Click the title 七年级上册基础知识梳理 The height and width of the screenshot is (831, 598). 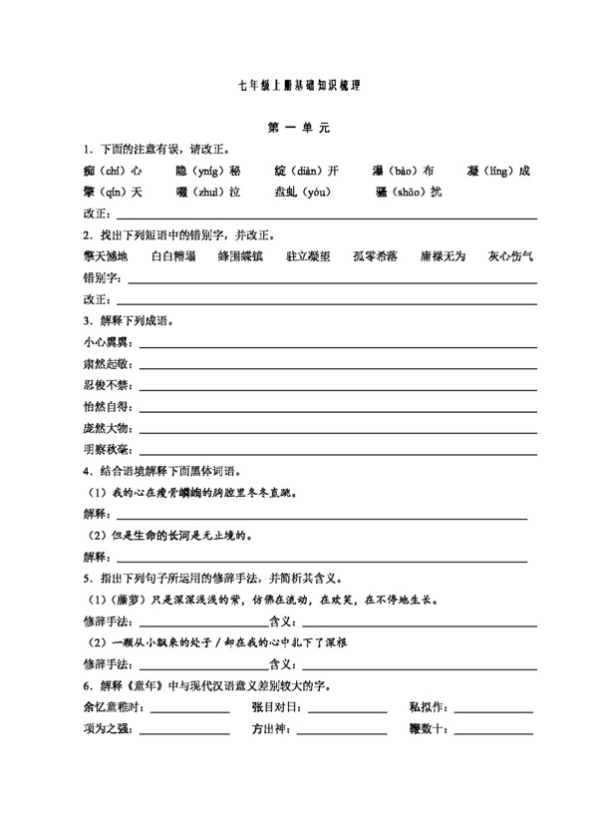[298, 88]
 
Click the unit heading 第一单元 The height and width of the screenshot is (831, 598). [298, 130]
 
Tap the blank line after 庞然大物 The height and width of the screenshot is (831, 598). [339, 429]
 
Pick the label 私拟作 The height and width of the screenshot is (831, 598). [429, 707]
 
